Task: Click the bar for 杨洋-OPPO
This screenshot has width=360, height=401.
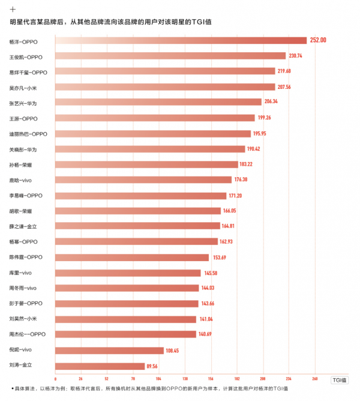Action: (x=181, y=40)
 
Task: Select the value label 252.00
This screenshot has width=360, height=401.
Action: (x=318, y=40)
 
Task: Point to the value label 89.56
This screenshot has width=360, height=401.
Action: (x=155, y=365)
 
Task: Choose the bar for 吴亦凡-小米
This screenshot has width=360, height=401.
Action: (x=165, y=87)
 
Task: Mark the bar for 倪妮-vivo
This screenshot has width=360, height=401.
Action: (x=109, y=350)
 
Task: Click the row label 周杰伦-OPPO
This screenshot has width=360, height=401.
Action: (x=28, y=334)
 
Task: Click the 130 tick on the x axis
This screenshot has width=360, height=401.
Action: (x=185, y=379)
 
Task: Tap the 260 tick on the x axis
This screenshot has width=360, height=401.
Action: (x=314, y=379)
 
